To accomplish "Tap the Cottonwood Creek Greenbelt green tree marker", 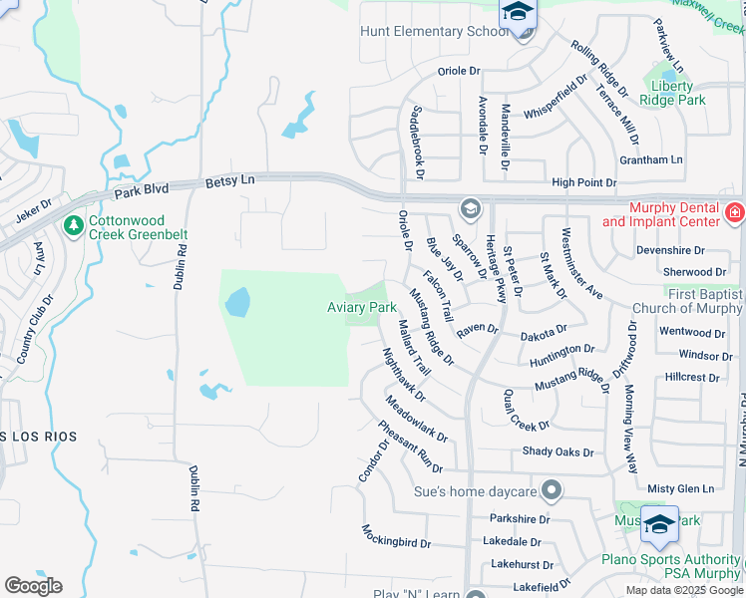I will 73,226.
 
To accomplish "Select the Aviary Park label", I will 362,308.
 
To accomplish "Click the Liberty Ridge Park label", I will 671,93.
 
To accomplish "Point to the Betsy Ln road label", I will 230,180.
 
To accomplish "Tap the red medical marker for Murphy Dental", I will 735,211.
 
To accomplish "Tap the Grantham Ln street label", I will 650,159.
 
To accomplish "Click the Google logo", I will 33,586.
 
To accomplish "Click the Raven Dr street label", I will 478,328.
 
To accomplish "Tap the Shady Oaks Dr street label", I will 558,451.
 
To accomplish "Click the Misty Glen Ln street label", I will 680,488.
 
